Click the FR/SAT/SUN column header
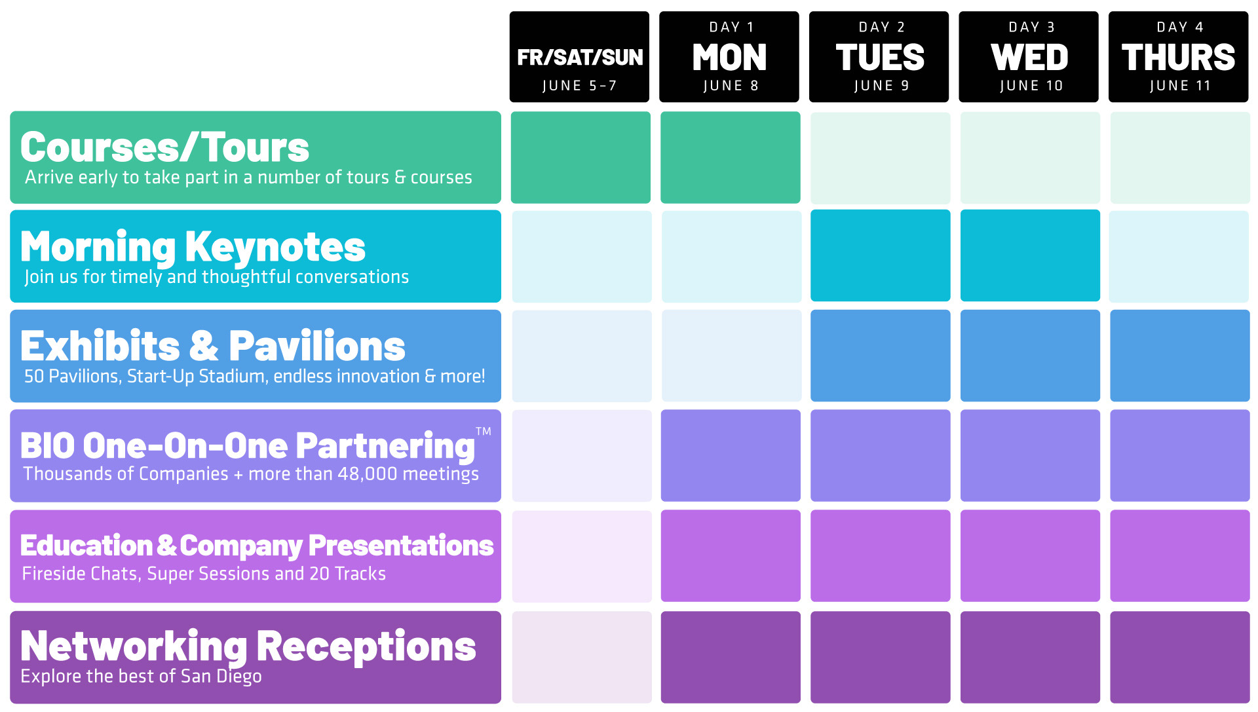coord(579,57)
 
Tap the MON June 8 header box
coord(729,57)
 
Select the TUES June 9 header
coord(879,57)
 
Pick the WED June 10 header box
coord(1029,57)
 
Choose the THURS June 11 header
coord(1179,57)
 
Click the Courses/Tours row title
coord(164,147)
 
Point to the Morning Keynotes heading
coord(193,248)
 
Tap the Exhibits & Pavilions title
coord(213,346)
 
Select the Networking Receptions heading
coord(248,646)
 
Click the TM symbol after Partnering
coord(484,431)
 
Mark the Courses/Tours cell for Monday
coord(731,157)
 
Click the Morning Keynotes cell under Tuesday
coord(881,255)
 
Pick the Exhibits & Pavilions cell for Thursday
coord(1180,356)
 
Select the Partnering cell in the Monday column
coord(731,455)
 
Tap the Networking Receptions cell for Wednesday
coord(1030,657)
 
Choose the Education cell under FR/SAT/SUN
coord(582,556)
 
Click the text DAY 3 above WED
coord(1032,27)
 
